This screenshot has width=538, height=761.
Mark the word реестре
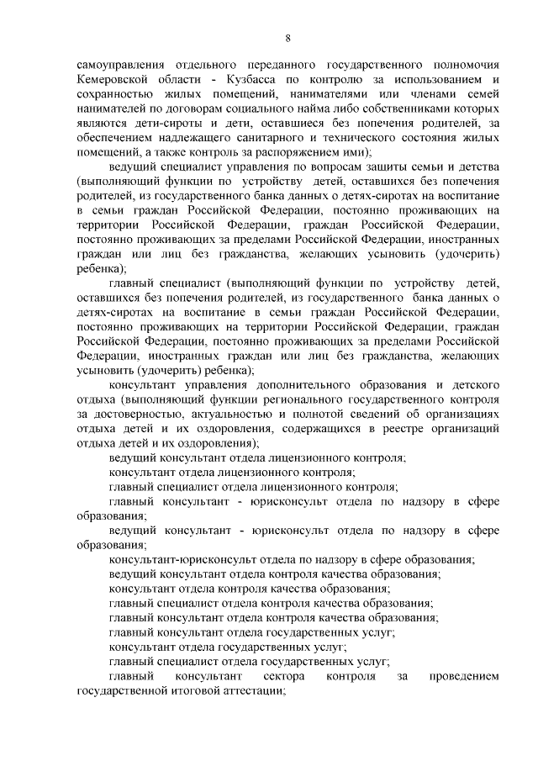367,429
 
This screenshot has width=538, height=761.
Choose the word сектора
283,677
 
